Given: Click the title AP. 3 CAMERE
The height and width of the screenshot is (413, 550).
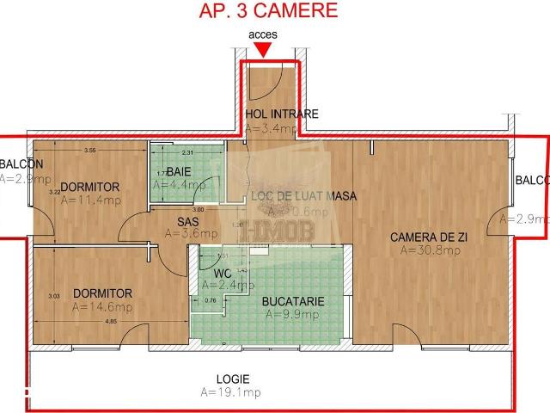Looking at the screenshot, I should [x=268, y=11].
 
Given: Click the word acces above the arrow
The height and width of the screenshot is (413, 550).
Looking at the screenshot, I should [x=262, y=34].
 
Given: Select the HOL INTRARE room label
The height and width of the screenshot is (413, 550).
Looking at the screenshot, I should [x=281, y=114].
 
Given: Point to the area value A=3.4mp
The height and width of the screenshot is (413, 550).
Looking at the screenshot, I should [x=271, y=128].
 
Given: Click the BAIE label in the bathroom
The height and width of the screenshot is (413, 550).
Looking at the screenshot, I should [x=179, y=170].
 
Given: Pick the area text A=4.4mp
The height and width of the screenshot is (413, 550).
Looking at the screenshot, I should [x=180, y=184].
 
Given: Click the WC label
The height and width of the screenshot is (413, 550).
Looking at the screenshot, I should [x=223, y=274].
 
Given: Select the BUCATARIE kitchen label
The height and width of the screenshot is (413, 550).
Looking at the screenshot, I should [x=293, y=301].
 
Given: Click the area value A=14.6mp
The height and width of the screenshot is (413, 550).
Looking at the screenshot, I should [x=101, y=306].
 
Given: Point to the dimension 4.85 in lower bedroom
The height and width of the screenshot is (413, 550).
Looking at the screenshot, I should [x=111, y=322].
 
